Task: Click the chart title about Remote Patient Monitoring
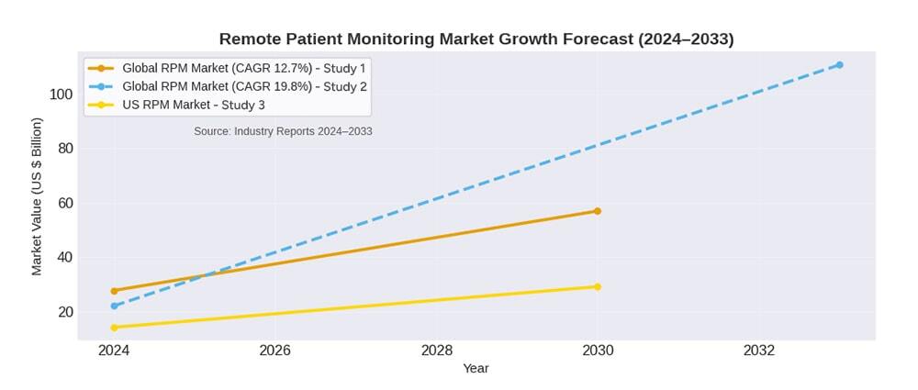pyautogui.click(x=476, y=39)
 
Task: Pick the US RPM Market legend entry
pyautogui.click(x=187, y=105)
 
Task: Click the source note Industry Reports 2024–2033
pyautogui.click(x=283, y=131)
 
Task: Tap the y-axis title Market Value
pyautogui.click(x=37, y=196)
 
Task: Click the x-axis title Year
pyautogui.click(x=476, y=369)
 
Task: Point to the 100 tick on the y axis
pyautogui.click(x=61, y=95)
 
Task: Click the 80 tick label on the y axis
pyautogui.click(x=64, y=149)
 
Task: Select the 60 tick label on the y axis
pyautogui.click(x=64, y=203)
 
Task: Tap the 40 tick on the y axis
pyautogui.click(x=64, y=258)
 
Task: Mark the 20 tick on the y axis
pyautogui.click(x=64, y=312)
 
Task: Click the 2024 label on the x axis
pyautogui.click(x=114, y=351)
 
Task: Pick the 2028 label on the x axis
pyautogui.click(x=436, y=351)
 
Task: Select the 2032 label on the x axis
pyautogui.click(x=759, y=351)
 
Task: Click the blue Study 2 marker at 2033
pyautogui.click(x=839, y=65)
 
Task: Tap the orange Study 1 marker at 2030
pyautogui.click(x=598, y=211)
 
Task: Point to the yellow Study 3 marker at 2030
pyautogui.click(x=598, y=287)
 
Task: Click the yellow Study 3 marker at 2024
pyautogui.click(x=114, y=328)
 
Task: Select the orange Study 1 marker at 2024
pyautogui.click(x=114, y=291)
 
